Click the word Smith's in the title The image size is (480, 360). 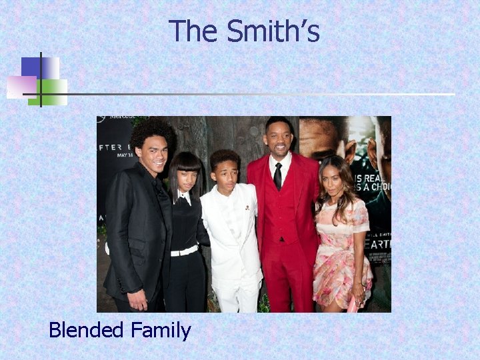pyautogui.click(x=273, y=31)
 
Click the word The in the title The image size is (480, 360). pyautogui.click(x=194, y=31)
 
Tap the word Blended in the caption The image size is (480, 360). pyautogui.click(x=86, y=330)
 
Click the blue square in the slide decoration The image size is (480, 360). pyautogui.click(x=31, y=67)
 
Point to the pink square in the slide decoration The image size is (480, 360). pyautogui.click(x=21, y=87)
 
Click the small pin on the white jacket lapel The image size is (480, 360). pyautogui.click(x=247, y=207)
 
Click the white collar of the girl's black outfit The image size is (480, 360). pyautogui.click(x=184, y=197)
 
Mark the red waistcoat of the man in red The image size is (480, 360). pyautogui.click(x=280, y=213)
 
